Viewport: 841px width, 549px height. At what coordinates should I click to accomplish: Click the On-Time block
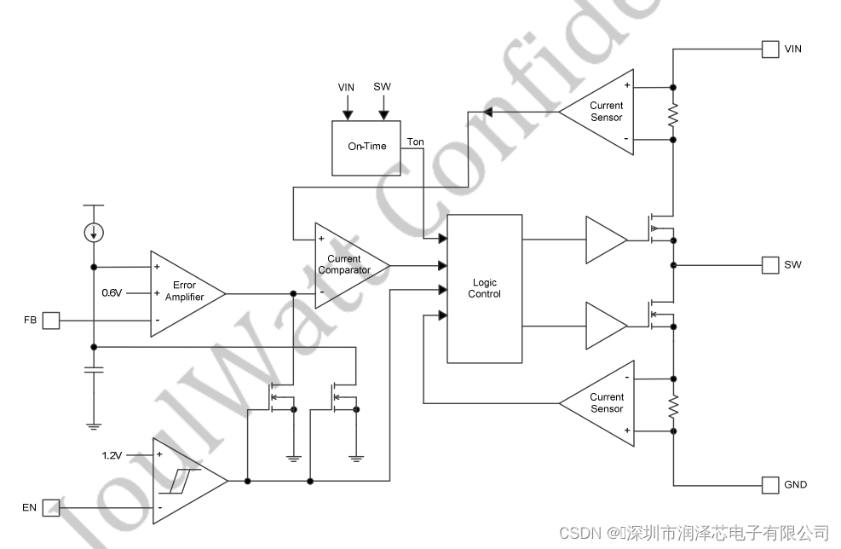point(366,147)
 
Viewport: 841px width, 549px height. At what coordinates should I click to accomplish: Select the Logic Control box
point(484,288)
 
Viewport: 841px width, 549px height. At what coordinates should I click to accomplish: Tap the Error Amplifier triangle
point(184,292)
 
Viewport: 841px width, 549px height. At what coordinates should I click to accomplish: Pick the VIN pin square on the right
point(769,49)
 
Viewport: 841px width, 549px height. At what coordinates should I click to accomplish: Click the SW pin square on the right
point(769,264)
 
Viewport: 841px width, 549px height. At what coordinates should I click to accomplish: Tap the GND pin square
point(769,485)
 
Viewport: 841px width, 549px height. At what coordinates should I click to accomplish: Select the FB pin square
point(50,321)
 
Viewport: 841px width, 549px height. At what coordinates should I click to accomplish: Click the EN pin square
point(50,508)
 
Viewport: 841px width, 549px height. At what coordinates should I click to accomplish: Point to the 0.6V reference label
point(112,292)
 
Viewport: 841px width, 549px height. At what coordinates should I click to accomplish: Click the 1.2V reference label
point(112,454)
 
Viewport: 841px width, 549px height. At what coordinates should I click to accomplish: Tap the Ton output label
point(416,142)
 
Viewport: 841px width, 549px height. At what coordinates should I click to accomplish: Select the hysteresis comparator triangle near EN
point(186,481)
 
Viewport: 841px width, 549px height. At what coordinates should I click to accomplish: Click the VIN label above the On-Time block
point(346,88)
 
